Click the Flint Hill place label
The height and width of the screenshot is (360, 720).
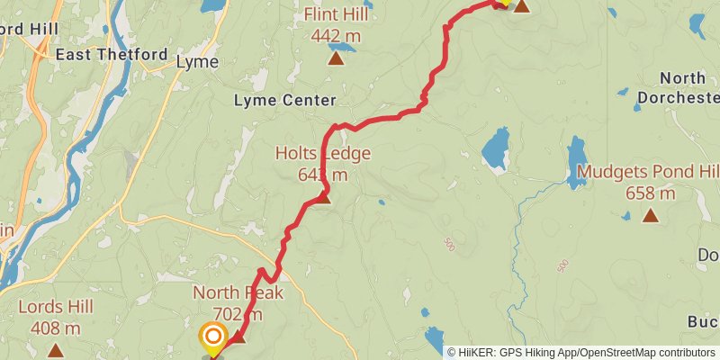click(336, 15)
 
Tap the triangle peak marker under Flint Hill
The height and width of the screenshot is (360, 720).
click(336, 59)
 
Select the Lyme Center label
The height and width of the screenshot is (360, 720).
click(284, 101)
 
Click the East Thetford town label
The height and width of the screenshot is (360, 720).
click(112, 55)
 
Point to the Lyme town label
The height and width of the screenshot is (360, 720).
click(196, 62)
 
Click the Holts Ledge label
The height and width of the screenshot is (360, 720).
click(322, 154)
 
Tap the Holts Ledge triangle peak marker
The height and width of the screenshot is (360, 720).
click(324, 197)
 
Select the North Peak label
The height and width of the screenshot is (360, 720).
click(238, 292)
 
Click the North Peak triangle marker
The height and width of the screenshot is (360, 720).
click(238, 338)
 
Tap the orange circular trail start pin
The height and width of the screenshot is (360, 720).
click(213, 338)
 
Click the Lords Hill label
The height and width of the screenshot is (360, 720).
click(56, 307)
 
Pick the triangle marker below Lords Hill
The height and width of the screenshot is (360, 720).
click(56, 351)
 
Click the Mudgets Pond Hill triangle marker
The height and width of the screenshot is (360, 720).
click(650, 215)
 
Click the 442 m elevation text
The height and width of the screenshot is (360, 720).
click(336, 36)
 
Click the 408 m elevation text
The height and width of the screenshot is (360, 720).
click(56, 328)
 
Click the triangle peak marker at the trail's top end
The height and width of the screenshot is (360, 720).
click(521, 6)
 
